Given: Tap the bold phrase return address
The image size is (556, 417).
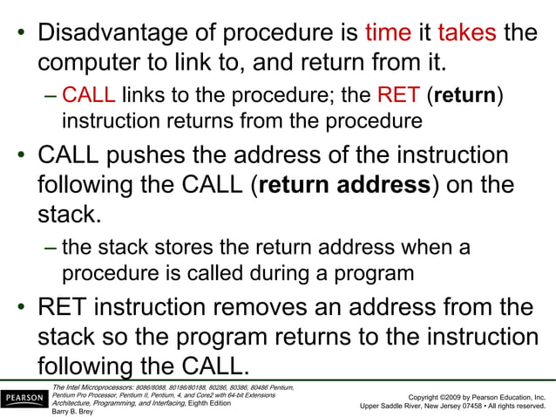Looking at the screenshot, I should coord(343,186).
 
